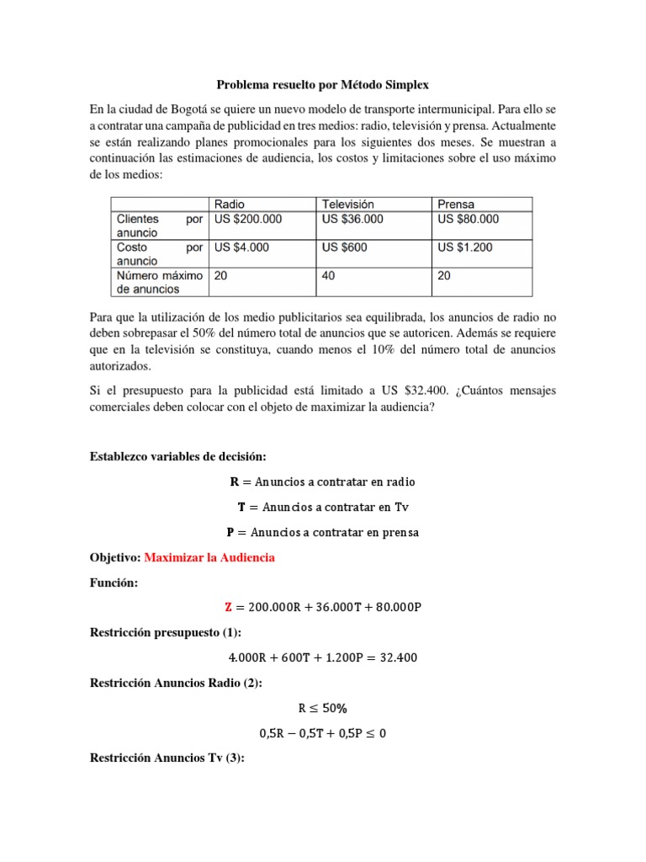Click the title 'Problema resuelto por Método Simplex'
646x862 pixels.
[323, 85]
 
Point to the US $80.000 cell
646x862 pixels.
[469, 219]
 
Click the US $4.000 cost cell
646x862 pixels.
[242, 247]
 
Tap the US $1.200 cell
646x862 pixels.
[465, 247]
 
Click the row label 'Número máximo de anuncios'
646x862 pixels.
[159, 282]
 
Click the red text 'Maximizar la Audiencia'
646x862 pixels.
[209, 558]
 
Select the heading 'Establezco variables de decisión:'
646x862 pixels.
[177, 456]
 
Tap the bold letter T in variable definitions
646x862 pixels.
[241, 507]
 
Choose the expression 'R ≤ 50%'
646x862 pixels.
[323, 709]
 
